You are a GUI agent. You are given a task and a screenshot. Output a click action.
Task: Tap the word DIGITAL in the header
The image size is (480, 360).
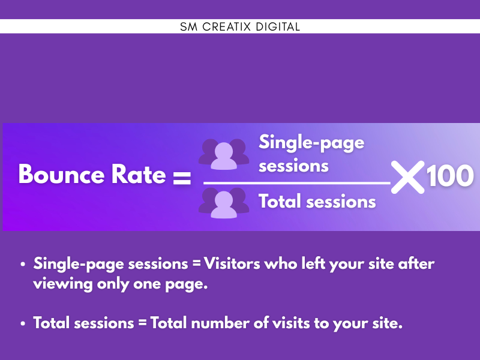click(278, 26)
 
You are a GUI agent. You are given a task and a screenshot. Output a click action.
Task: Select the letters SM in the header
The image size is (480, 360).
click(188, 26)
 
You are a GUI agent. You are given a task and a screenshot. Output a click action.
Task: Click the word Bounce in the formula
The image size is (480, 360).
click(62, 174)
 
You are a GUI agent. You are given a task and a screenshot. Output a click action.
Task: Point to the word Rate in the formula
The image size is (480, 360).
click(139, 174)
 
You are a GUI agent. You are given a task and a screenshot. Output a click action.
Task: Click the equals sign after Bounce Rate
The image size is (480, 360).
click(182, 178)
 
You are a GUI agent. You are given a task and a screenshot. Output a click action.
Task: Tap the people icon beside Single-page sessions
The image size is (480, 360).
click(224, 154)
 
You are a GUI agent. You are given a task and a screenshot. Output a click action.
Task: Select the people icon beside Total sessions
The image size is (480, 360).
click(224, 203)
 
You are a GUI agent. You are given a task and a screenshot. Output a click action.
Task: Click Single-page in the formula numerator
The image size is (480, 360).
click(311, 143)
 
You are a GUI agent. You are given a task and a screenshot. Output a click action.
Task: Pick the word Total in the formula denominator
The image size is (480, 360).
click(280, 202)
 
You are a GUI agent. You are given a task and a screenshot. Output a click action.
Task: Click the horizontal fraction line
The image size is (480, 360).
click(297, 183)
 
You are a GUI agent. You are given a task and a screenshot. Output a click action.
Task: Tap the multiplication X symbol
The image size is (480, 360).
click(408, 177)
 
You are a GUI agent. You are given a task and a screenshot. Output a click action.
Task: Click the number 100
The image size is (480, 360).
click(450, 176)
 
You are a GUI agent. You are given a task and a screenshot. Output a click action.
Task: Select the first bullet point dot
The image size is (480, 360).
click(23, 264)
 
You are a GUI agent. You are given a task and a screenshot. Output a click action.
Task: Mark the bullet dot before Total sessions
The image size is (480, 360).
click(23, 323)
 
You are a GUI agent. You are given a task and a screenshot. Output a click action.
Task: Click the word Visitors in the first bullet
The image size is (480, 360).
click(232, 263)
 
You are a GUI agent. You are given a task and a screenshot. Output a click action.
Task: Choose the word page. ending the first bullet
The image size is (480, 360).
click(187, 284)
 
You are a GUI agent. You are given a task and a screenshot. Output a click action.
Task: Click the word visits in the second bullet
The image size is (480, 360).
click(291, 323)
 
